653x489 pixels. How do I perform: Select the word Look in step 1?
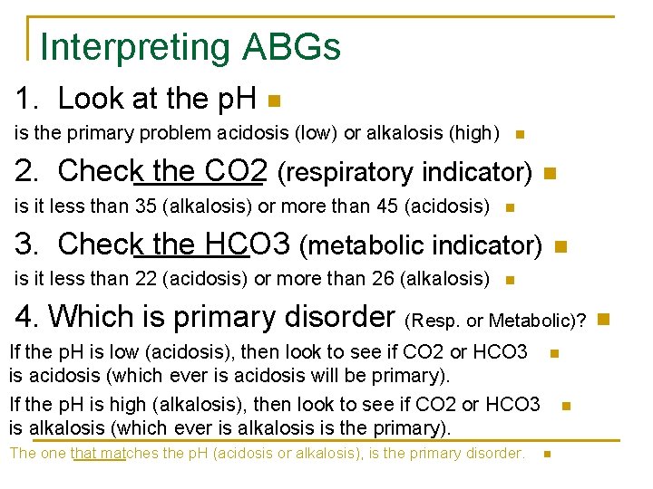point(89,98)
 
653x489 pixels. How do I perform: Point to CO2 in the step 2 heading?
point(237,170)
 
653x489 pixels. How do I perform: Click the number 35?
point(146,206)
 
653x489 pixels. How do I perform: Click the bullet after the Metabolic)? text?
point(603,318)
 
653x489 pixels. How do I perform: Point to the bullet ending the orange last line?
point(546,454)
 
